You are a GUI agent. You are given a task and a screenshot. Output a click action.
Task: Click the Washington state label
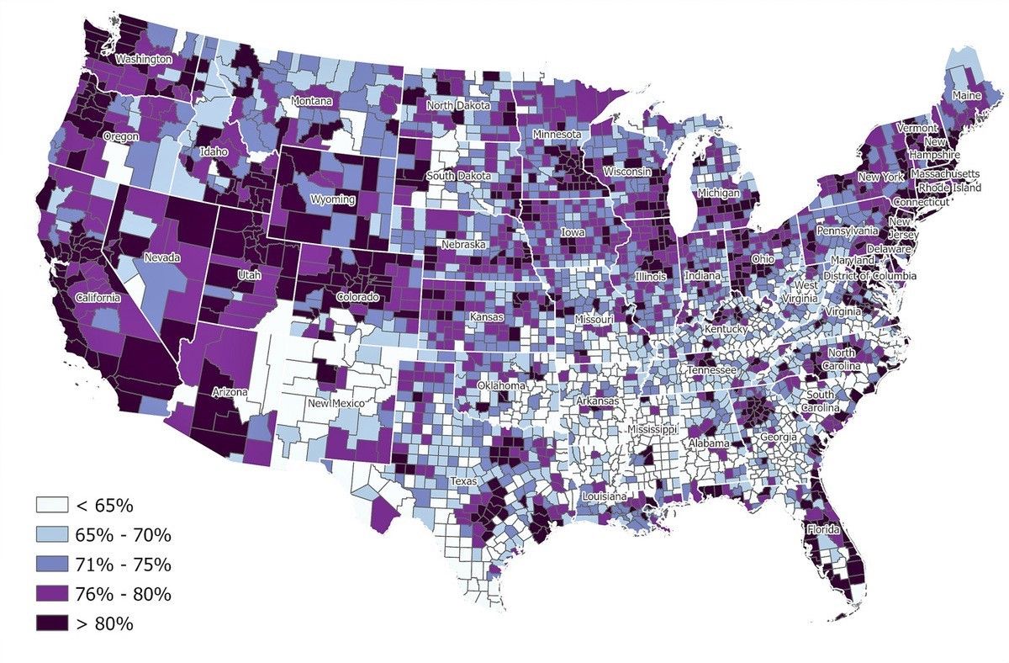144,60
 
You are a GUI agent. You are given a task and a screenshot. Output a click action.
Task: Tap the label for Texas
462,481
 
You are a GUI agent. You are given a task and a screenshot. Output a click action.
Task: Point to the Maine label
966,96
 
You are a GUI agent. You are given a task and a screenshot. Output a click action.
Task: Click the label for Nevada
160,257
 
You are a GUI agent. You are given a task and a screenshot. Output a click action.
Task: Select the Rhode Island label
949,188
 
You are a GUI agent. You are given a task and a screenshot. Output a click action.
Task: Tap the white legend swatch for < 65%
51,506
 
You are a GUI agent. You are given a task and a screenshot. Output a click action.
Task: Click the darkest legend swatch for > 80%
51,623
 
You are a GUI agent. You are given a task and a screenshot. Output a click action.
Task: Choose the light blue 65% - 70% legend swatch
51,535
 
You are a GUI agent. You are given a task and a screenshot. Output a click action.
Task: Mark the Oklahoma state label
501,385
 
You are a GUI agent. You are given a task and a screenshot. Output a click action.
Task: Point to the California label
98,298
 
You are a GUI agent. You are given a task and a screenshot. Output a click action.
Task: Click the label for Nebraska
464,244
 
